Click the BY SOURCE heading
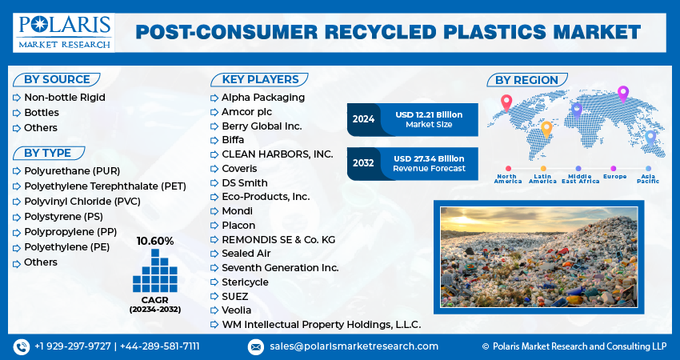tap(56, 79)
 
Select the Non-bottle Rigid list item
tap(64, 98)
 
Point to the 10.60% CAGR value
tap(154, 241)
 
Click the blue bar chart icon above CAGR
tap(154, 271)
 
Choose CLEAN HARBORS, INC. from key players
tap(277, 154)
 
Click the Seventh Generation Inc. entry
tap(280, 267)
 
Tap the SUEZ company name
tap(236, 296)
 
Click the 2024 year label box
tap(363, 119)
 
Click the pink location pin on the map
tap(506, 102)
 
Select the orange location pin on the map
tap(546, 128)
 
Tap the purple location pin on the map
tap(623, 93)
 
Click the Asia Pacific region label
tap(648, 178)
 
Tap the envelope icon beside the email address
tap(255, 346)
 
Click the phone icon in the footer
tap(21, 346)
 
